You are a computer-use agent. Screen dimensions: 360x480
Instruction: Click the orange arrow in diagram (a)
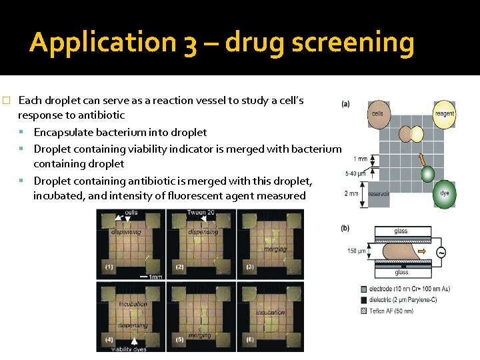point(421,161)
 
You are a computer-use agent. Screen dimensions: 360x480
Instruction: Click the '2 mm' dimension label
point(352,193)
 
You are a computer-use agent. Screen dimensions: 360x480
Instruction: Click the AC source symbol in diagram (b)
point(441,252)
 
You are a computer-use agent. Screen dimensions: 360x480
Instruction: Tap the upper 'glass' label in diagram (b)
point(401,231)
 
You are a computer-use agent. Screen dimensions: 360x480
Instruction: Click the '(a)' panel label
point(346,104)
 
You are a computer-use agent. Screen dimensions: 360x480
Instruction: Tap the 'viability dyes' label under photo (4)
point(129,349)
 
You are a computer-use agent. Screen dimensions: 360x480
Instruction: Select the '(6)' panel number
point(249,339)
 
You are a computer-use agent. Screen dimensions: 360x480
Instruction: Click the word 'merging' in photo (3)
point(275,249)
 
